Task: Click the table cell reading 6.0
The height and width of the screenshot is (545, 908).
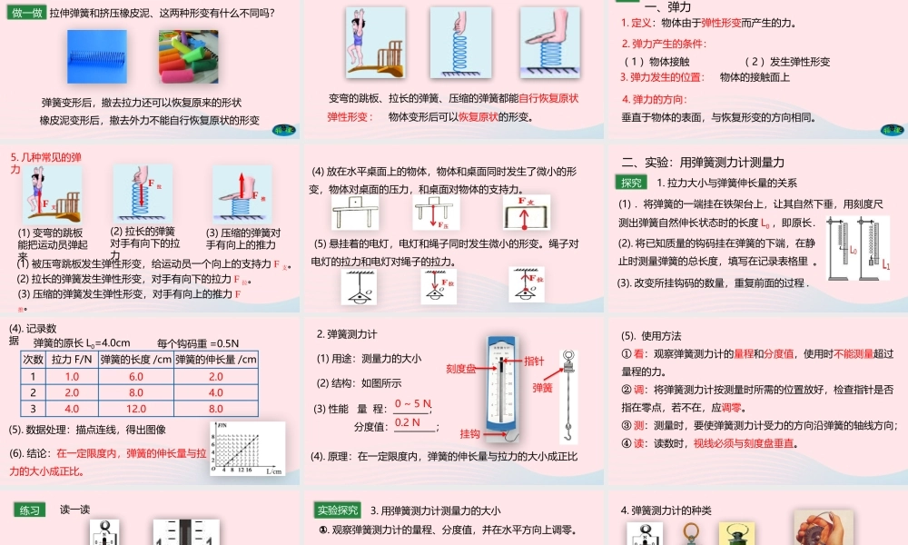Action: [136, 376]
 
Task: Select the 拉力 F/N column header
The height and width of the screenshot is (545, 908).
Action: [72, 360]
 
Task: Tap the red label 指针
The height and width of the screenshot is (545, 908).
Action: [534, 362]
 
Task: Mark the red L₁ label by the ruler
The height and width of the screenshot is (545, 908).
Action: [886, 263]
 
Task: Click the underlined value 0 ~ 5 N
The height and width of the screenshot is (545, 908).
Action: [414, 403]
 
